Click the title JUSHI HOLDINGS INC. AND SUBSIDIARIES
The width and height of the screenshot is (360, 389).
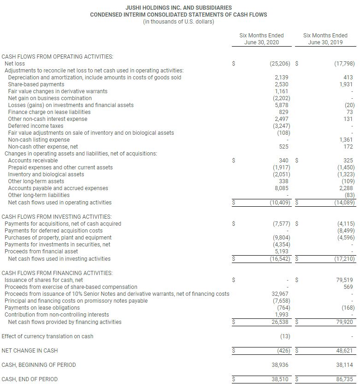tap(178, 8)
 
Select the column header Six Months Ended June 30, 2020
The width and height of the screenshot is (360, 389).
tap(261, 39)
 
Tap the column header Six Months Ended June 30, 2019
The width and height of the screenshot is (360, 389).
tap(325, 39)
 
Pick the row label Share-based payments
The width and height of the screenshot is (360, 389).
tap(36, 84)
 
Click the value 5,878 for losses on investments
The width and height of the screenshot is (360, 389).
tap(281, 105)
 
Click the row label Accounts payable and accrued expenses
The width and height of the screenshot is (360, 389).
tap(58, 188)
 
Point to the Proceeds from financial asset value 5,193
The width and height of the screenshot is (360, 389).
tap(281, 251)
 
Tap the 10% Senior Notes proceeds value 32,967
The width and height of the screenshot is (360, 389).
tap(280, 294)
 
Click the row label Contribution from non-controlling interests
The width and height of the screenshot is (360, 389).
tap(57, 315)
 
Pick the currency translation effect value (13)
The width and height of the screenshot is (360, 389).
tap(285, 336)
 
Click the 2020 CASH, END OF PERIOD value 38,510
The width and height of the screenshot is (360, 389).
tap(280, 379)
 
